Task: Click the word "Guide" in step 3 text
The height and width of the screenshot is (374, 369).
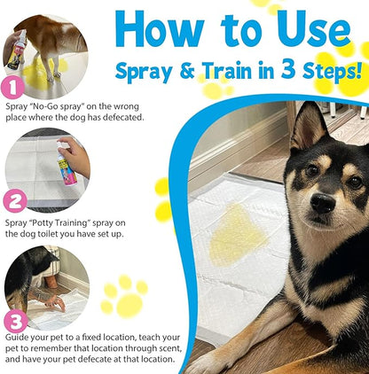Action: (19, 337)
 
